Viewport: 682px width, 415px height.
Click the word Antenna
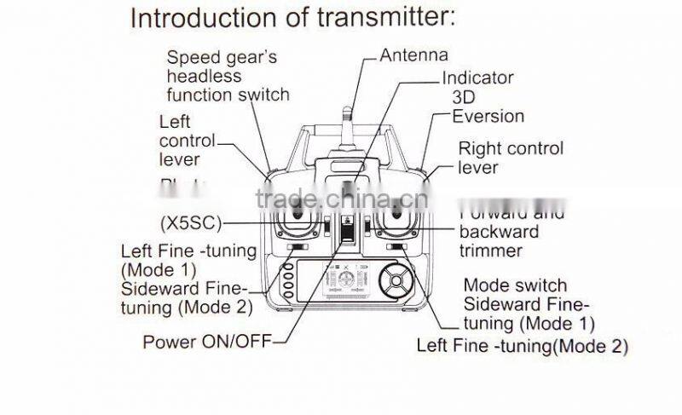point(413,55)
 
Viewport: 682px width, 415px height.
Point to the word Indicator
point(477,78)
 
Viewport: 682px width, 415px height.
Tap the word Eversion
point(488,116)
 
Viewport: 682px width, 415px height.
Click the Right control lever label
point(511,158)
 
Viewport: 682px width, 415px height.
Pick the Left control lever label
point(187,141)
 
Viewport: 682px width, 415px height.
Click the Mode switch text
point(514,285)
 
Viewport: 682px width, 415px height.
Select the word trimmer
point(490,250)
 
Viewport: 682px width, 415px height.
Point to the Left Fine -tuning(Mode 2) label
point(522,346)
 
